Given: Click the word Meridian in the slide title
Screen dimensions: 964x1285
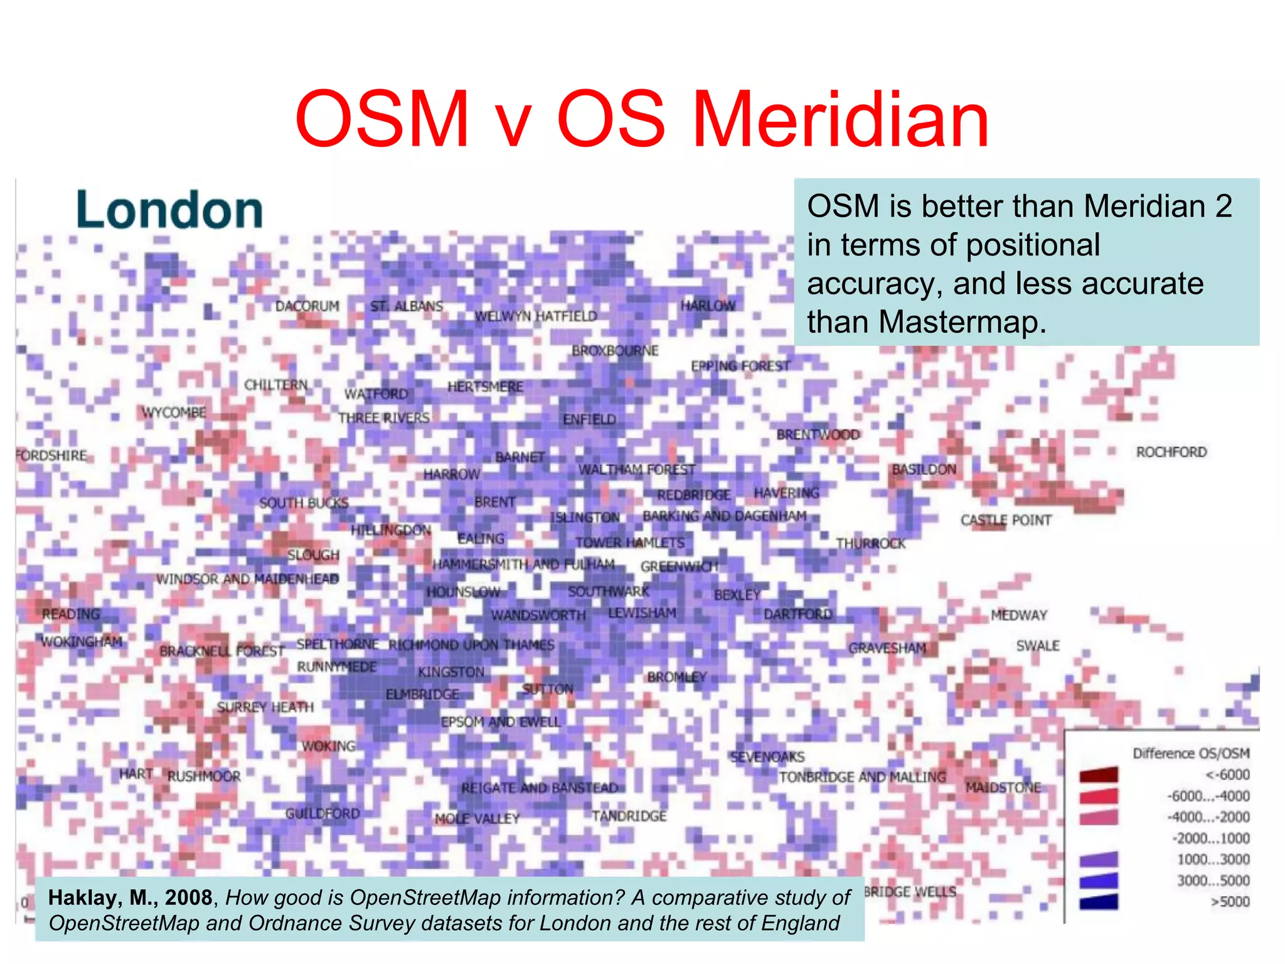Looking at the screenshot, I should tap(841, 119).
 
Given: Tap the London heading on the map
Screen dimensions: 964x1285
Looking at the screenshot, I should tap(169, 210).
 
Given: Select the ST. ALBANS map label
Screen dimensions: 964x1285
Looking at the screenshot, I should tap(407, 306).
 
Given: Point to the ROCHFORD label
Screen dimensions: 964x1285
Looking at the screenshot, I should tap(1171, 452).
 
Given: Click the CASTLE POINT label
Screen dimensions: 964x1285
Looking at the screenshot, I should tap(1005, 520).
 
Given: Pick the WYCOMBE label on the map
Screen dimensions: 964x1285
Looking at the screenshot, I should tap(174, 412).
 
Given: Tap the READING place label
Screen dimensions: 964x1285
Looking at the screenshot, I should tap(71, 614).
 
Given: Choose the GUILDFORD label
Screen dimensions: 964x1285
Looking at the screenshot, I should tap(323, 813).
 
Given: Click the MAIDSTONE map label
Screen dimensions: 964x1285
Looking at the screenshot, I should tap(1003, 787).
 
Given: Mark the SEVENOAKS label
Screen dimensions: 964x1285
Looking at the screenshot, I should tap(767, 757).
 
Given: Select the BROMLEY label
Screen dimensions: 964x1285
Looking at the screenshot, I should tap(676, 677).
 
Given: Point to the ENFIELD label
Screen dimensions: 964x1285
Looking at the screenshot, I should tap(589, 419).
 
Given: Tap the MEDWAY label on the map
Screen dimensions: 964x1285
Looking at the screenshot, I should tap(1019, 615).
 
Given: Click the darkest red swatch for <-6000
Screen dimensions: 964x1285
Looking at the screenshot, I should tap(1099, 775).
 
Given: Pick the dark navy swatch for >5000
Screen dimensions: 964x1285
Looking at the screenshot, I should tap(1099, 902).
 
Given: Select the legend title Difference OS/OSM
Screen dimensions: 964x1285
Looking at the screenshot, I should tap(1190, 753).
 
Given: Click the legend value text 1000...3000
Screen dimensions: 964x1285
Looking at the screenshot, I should tap(1213, 859).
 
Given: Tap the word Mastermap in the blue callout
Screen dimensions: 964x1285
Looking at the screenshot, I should tap(962, 322).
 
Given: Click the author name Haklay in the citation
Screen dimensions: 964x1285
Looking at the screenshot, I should tap(85, 897).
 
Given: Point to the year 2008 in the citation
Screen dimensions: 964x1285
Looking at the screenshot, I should tap(188, 897).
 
